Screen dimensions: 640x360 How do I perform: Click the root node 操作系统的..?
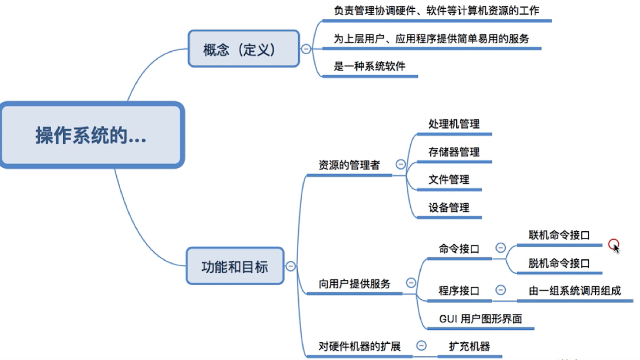tap(92, 135)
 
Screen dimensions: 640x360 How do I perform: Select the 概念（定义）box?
tap(244, 48)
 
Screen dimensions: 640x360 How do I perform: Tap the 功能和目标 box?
tap(235, 266)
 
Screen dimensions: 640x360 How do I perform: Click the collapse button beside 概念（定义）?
tap(306, 49)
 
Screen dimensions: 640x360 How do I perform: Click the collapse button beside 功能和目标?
tap(290, 266)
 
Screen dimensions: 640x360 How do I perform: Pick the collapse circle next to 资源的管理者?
tap(400, 164)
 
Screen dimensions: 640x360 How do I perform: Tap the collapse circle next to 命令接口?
tap(500, 247)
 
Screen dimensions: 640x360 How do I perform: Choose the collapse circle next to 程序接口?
tap(500, 290)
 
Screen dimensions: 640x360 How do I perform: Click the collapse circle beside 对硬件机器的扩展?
tap(422, 346)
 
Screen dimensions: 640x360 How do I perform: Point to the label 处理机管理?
tap(454, 124)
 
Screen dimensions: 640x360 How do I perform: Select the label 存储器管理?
tap(454, 152)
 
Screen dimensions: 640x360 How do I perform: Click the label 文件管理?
tap(449, 180)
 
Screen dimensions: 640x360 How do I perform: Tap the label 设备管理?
tap(449, 207)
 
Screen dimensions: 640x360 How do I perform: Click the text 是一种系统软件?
tap(369, 66)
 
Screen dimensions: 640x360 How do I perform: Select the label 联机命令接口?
tap(559, 235)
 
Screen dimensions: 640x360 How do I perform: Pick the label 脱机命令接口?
tap(559, 263)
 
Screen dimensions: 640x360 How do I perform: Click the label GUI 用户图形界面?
tap(481, 319)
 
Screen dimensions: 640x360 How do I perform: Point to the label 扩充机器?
tap(470, 346)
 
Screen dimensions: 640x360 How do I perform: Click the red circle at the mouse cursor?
tap(614, 244)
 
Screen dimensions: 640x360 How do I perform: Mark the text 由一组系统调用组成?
tap(575, 291)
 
